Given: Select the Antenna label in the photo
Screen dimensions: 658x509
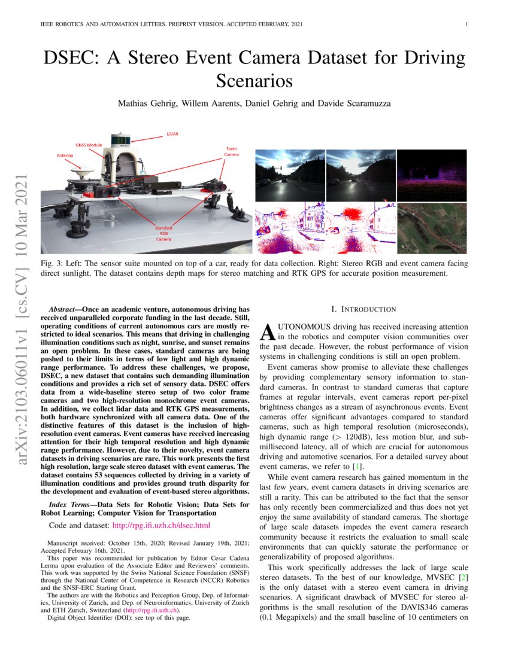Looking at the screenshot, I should pyautogui.click(x=66, y=156).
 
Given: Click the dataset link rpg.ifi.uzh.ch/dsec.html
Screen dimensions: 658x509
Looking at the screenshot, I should pyautogui.click(x=161, y=526).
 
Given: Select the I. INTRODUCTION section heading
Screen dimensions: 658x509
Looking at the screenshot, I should pyautogui.click(x=363, y=309).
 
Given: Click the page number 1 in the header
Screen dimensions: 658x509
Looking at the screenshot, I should pyautogui.click(x=466, y=25).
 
